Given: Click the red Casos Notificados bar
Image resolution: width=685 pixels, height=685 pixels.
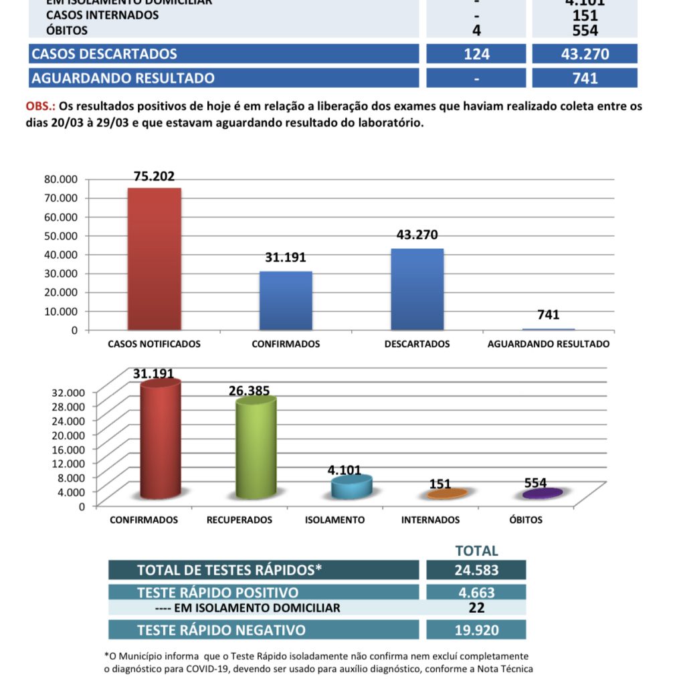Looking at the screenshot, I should tap(154, 259).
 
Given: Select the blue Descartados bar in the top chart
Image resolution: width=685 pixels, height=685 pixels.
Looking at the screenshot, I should tap(417, 289).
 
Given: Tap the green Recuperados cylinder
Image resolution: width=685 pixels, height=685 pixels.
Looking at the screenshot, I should tap(256, 448).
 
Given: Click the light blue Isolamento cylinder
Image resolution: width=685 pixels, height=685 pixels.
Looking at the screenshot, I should tap(351, 487).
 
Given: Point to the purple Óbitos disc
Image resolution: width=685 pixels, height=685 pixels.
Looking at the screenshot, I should tap(543, 494).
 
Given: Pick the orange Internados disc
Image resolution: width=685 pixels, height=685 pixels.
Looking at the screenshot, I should tap(447, 494).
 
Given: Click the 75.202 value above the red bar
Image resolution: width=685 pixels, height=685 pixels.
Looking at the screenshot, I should tap(154, 177).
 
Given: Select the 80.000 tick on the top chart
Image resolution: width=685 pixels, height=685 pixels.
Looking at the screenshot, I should tap(62, 179).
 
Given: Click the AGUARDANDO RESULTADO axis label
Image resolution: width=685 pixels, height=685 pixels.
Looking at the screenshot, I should tap(549, 344).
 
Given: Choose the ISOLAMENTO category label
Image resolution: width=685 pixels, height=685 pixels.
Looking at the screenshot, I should tap(334, 520).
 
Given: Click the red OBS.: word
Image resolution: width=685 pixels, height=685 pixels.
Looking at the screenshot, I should tap(41, 107).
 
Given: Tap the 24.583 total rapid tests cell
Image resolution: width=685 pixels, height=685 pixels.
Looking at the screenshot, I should tap(476, 570).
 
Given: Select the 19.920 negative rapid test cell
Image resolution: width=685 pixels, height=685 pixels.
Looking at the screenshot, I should tap(476, 629).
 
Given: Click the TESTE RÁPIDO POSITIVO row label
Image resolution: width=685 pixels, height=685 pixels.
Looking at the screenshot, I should tap(217, 593).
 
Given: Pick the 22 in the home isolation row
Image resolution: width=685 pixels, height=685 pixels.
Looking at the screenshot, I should tap(476, 607).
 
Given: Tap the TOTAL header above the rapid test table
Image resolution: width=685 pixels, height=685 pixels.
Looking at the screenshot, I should tap(476, 551).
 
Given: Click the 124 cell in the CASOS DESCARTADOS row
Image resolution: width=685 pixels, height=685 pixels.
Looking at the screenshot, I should tap(476, 54).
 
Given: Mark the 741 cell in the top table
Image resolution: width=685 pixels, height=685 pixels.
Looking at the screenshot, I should tap(585, 78).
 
